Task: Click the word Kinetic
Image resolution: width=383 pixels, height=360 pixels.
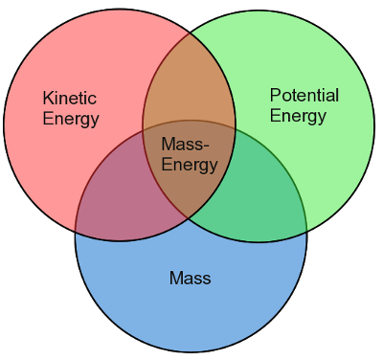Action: [x=70, y=99]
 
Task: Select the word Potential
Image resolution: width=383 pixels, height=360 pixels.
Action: [x=304, y=96]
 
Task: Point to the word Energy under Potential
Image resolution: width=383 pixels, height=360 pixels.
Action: [x=298, y=117]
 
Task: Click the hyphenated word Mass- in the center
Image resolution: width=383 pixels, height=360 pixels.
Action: [x=189, y=145]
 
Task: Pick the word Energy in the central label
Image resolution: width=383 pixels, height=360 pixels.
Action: [x=189, y=165]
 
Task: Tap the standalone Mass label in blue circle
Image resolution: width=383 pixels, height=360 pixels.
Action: [x=190, y=279]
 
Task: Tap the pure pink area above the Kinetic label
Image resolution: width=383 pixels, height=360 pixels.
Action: [x=77, y=57]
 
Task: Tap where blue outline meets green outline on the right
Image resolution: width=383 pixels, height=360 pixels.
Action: [x=305, y=231]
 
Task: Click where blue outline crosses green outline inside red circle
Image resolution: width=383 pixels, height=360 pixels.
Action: [x=144, y=130]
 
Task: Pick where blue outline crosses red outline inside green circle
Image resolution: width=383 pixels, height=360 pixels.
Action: [x=236, y=128]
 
